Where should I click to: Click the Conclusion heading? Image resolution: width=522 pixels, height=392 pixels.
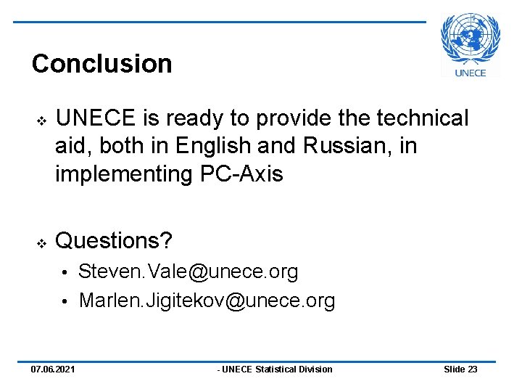[x=101, y=64]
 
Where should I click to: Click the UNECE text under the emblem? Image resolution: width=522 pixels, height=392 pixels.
[x=471, y=72]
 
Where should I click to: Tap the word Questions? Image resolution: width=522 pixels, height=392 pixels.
[x=115, y=240]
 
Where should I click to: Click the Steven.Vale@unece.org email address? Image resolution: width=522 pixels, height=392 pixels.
[x=188, y=272]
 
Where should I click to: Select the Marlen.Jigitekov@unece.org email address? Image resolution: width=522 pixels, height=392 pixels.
[x=207, y=301]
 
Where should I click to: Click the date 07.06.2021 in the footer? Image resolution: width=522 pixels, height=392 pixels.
[x=52, y=369]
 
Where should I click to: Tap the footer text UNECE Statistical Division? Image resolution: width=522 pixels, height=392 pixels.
[x=275, y=369]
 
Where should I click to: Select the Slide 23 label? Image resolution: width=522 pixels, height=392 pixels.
[x=460, y=369]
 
